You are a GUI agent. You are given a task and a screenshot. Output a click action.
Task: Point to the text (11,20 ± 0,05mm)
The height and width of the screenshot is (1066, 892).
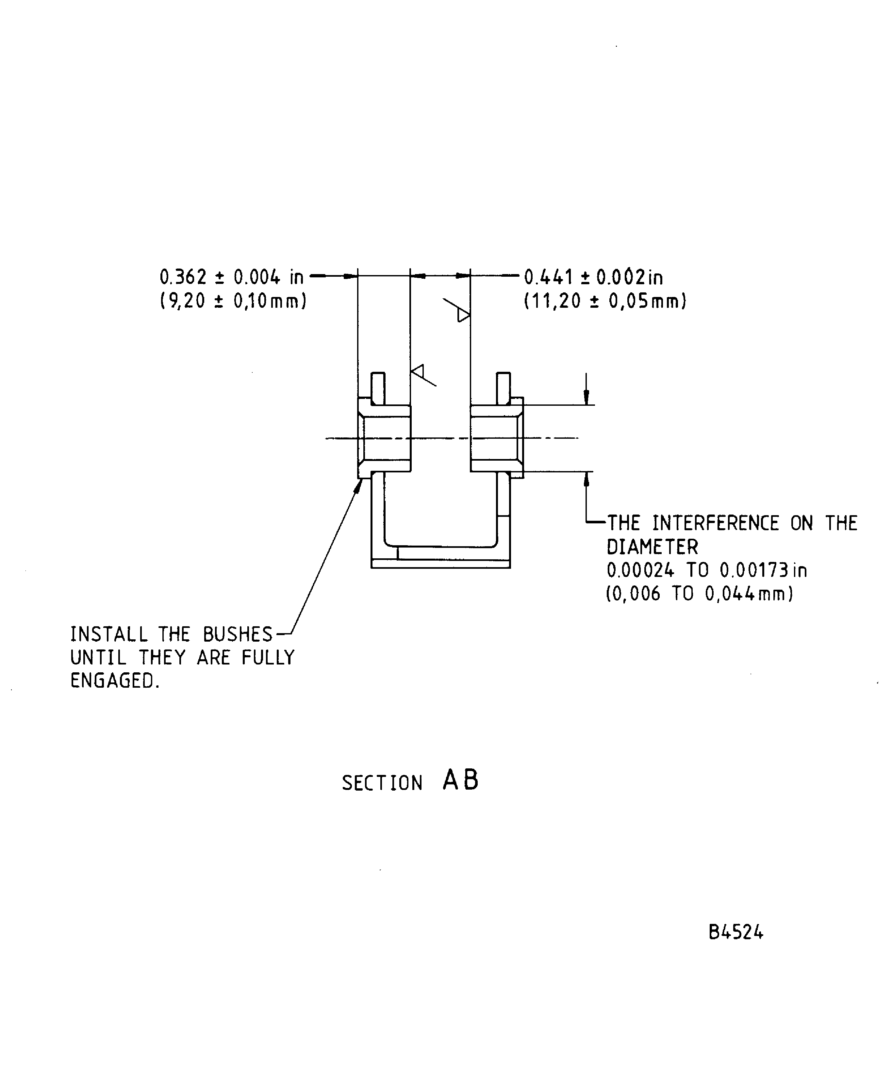tap(605, 301)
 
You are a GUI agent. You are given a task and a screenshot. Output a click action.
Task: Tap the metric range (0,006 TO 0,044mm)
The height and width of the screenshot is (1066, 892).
tap(700, 594)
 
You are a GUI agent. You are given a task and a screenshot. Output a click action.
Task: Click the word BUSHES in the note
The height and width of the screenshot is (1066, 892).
tap(238, 634)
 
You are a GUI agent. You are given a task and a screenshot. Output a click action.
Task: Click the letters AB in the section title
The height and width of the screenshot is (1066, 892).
tap(460, 780)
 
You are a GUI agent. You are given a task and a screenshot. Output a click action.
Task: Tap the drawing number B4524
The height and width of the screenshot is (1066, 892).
tap(735, 932)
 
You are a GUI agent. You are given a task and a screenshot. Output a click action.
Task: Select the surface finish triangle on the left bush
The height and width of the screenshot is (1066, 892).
tap(418, 372)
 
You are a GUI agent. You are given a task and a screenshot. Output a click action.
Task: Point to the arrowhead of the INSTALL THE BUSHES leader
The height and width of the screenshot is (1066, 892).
tap(359, 486)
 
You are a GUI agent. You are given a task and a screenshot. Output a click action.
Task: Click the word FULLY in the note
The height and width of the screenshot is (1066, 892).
tap(268, 658)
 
